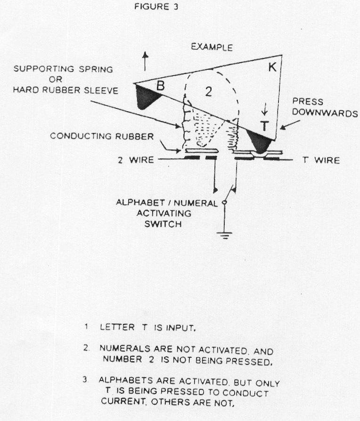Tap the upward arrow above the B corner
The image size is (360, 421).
pos(145,61)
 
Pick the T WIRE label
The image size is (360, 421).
pos(320,160)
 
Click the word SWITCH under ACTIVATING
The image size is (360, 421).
pos(163,224)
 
